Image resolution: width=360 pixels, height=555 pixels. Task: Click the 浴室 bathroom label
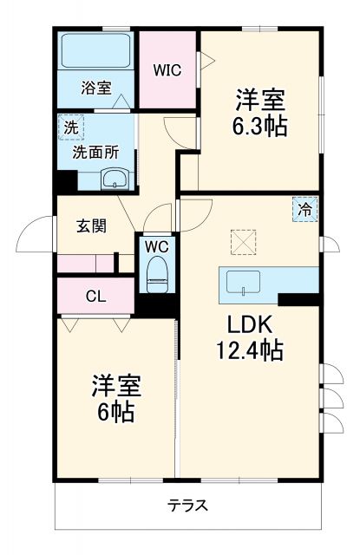coord(96,87)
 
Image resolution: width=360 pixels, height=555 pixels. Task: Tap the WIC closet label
coord(167,70)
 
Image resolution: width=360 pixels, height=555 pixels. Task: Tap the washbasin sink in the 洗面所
coord(115,180)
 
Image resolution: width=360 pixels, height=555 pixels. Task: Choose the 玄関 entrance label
coord(91,226)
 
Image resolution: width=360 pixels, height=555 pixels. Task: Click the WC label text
coord(156,245)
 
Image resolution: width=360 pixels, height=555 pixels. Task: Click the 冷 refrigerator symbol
coord(304,209)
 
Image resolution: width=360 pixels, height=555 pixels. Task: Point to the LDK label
coord(250,325)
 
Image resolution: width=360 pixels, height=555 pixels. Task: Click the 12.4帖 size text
coord(252,351)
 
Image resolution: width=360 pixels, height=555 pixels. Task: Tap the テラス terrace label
coord(187,505)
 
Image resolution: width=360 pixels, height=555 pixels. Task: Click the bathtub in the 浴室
coord(95,53)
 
